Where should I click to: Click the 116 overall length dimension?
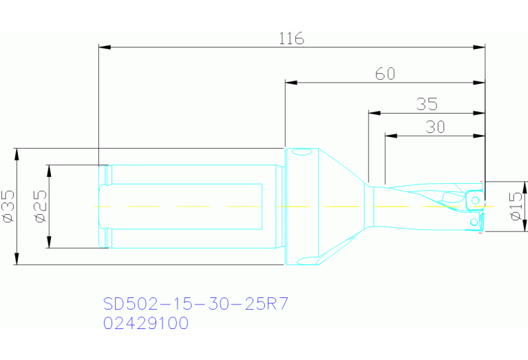(291, 39)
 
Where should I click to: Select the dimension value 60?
(386, 74)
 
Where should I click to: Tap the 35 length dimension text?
(427, 104)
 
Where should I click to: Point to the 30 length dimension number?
(435, 127)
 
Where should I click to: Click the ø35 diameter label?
(9, 207)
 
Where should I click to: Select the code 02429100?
(145, 323)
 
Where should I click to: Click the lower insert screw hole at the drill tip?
(473, 223)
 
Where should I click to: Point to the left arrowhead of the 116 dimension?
(105, 47)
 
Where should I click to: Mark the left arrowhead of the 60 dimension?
(291, 83)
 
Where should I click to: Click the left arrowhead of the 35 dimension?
(374, 112)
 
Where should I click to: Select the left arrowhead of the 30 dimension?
(390, 135)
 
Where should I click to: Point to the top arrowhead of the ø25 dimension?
(48, 169)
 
